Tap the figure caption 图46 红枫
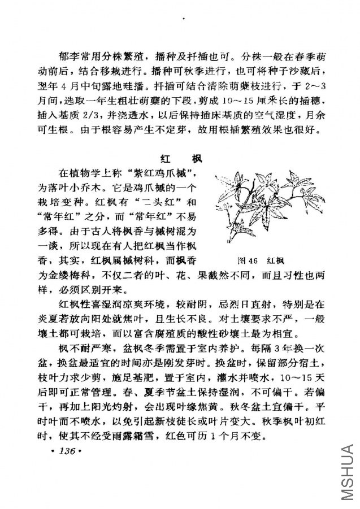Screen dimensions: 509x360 [261, 260]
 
